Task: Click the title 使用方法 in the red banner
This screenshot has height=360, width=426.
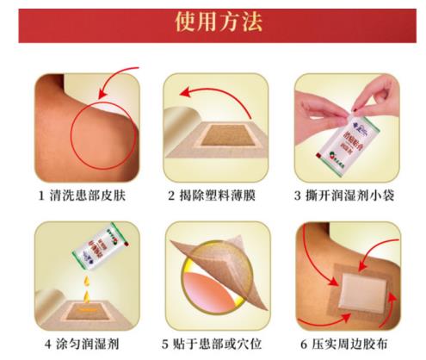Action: [x=213, y=20]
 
